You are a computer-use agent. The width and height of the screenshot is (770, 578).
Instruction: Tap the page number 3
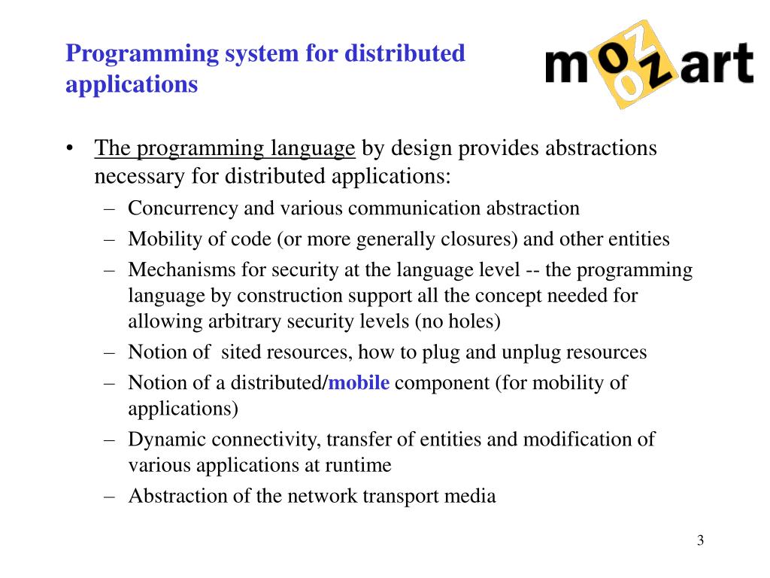[700, 540]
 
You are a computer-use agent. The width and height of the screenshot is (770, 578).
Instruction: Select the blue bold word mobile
[359, 383]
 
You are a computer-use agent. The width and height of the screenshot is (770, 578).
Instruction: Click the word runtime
[358, 465]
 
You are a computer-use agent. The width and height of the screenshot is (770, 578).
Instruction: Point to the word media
[473, 496]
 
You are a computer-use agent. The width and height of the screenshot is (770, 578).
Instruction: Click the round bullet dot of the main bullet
[70, 148]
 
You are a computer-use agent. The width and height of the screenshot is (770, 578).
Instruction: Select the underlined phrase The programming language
[225, 148]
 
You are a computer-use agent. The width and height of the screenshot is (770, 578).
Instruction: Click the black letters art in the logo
[717, 65]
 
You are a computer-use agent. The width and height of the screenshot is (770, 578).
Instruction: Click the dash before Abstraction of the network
[111, 496]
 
